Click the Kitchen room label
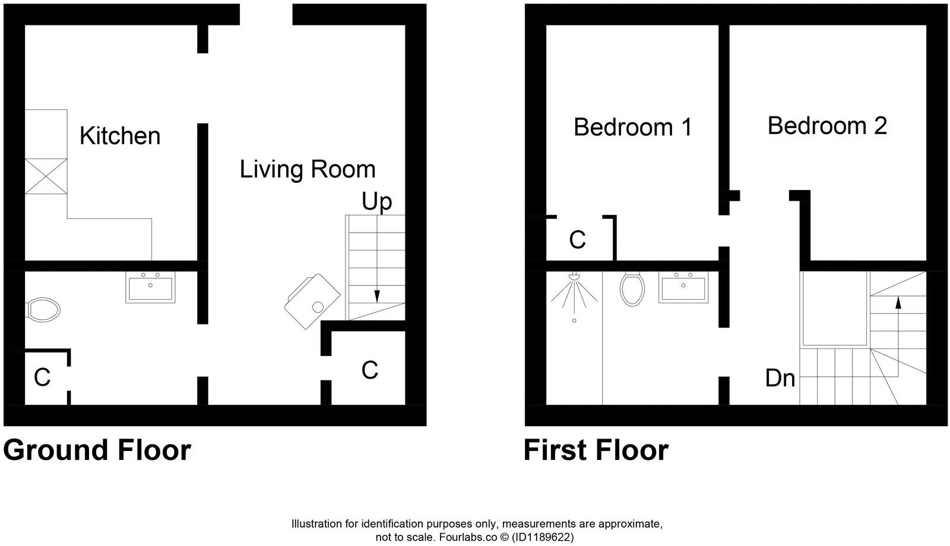[x=120, y=136]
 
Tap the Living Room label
[x=308, y=170]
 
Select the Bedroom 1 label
[x=633, y=128]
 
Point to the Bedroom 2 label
[x=827, y=126]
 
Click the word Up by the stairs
[x=377, y=202]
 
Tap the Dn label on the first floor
[x=780, y=378]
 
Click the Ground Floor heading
[x=97, y=450]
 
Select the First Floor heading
[x=596, y=450]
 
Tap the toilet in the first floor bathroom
[x=632, y=289]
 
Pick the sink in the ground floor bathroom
[x=151, y=287]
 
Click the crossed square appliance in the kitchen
[x=46, y=176]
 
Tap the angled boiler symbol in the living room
[x=312, y=301]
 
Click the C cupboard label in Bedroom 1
[x=577, y=240]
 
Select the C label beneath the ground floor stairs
[x=369, y=370]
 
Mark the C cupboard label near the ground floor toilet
[x=42, y=377]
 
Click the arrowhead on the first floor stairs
[x=898, y=301]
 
